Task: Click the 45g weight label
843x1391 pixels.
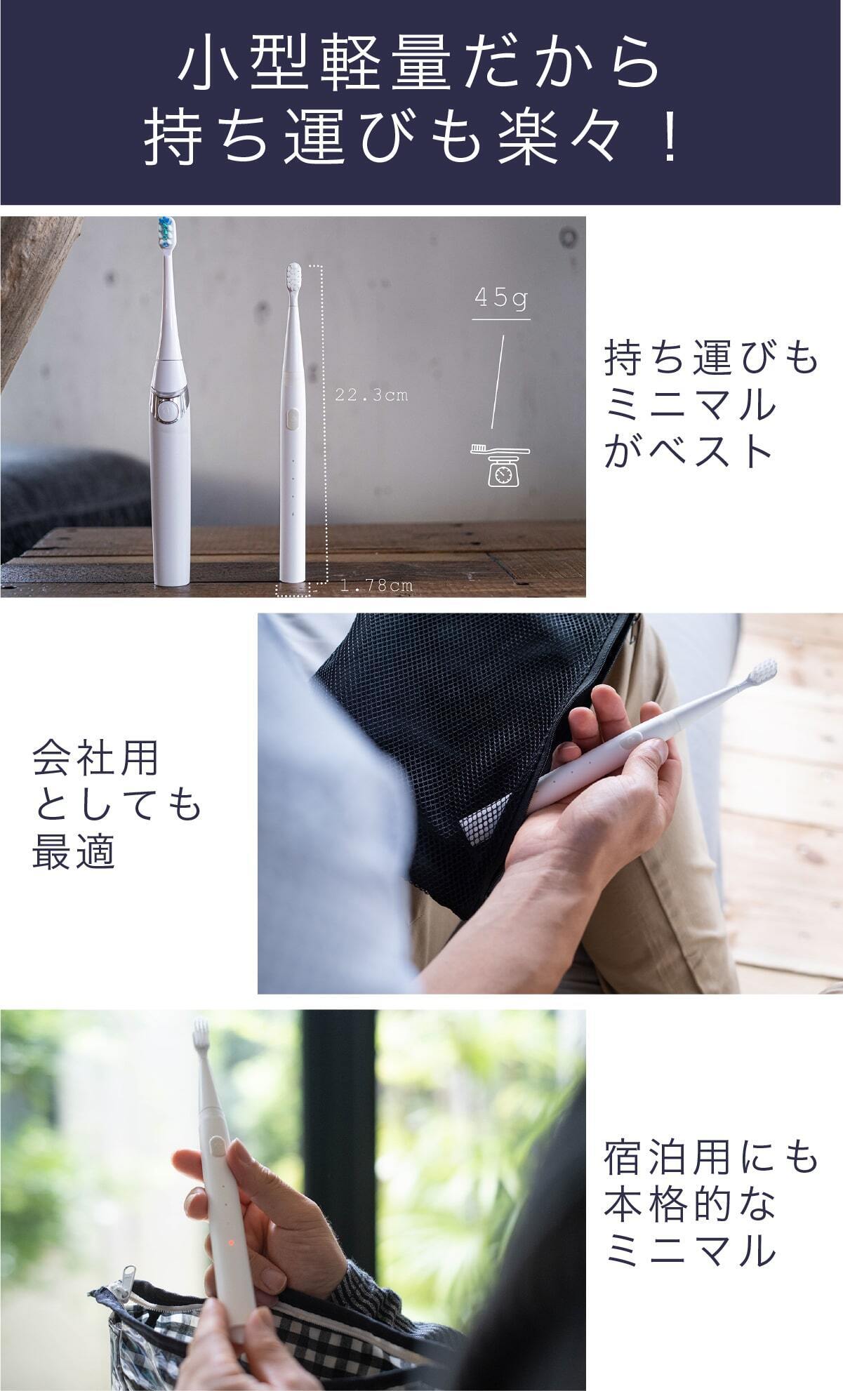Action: (x=500, y=298)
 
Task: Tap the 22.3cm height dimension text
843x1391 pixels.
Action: (x=371, y=395)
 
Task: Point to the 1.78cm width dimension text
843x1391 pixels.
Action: (x=377, y=585)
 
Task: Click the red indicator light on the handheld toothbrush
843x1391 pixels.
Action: (x=230, y=1243)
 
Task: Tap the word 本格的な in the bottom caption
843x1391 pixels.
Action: (x=689, y=1205)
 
